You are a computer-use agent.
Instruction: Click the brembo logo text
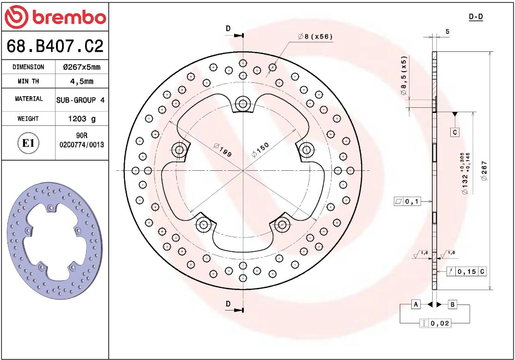pyautogui.click(x=68, y=18)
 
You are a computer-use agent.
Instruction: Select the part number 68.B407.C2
pyautogui.click(x=55, y=46)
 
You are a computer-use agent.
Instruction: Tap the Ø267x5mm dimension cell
pyautogui.click(x=81, y=67)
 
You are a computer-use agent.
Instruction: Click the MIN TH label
pyautogui.click(x=28, y=81)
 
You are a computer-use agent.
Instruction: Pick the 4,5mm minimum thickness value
pyautogui.click(x=81, y=81)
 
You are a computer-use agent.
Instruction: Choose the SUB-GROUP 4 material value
pyautogui.click(x=81, y=100)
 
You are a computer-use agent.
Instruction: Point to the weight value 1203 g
pyautogui.click(x=82, y=119)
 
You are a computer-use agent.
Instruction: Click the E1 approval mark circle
pyautogui.click(x=28, y=143)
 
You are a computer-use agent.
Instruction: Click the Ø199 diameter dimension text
pyautogui.click(x=223, y=150)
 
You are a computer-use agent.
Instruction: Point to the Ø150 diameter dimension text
pyautogui.click(x=260, y=150)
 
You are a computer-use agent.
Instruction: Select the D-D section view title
pyautogui.click(x=476, y=17)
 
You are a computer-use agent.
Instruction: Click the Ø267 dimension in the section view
pyautogui.click(x=484, y=171)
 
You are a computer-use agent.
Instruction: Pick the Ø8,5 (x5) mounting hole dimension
pyautogui.click(x=404, y=76)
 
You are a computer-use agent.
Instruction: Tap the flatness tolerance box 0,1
pyautogui.click(x=407, y=201)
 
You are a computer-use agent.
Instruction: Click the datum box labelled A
pyautogui.click(x=416, y=304)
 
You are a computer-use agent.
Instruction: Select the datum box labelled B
pyautogui.click(x=453, y=304)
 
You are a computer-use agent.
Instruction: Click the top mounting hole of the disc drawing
pyautogui.click(x=242, y=104)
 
